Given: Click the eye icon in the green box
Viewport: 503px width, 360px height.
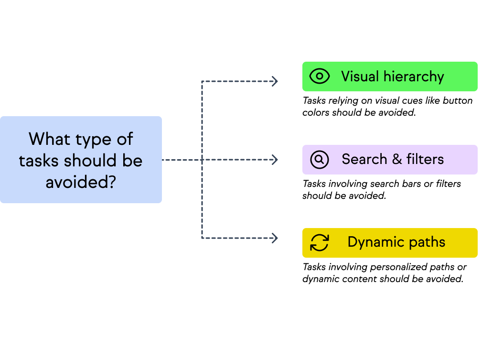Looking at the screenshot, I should pyautogui.click(x=320, y=76).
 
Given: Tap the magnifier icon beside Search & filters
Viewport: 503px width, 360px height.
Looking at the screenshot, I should pyautogui.click(x=320, y=160).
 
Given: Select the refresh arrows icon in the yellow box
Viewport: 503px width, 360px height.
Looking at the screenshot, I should pyautogui.click(x=320, y=242).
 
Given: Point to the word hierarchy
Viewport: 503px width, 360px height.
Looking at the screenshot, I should pyautogui.click(x=414, y=76).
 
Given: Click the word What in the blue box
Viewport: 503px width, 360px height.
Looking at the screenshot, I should pyautogui.click(x=47, y=139).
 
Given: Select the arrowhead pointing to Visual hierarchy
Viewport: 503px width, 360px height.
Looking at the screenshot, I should pyautogui.click(x=275, y=81).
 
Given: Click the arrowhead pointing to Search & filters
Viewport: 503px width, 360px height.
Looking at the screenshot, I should pyautogui.click(x=275, y=160).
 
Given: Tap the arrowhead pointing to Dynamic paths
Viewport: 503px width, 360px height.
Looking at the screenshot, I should pyautogui.click(x=275, y=238).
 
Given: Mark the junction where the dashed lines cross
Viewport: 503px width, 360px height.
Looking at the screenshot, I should pyautogui.click(x=202, y=160).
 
